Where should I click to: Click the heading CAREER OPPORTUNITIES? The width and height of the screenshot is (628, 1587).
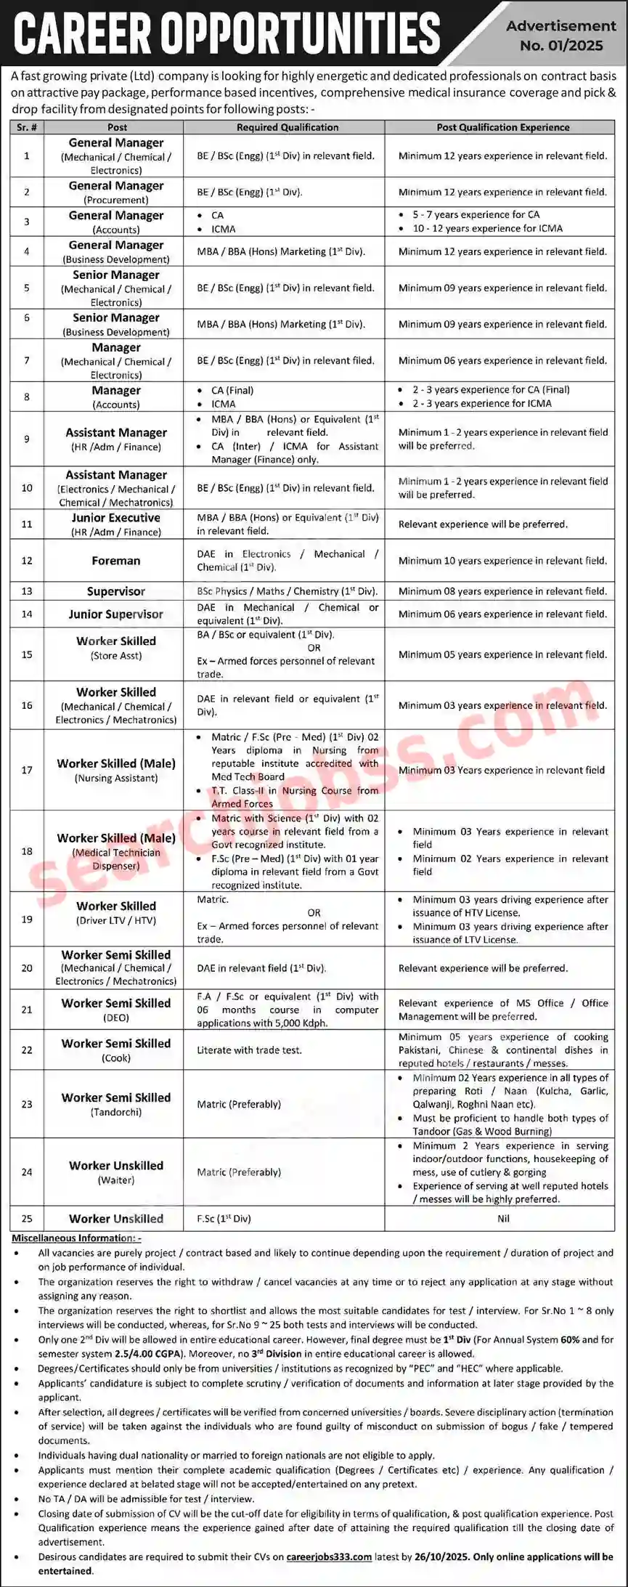[227, 33]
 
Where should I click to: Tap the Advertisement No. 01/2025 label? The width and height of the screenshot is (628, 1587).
[561, 36]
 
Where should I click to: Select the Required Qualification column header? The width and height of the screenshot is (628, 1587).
[288, 127]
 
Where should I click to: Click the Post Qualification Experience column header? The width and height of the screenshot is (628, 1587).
[502, 127]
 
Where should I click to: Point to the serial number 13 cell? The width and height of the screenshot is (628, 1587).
[27, 591]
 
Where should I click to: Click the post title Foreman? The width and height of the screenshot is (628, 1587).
[116, 561]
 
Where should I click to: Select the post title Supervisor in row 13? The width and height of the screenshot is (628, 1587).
[116, 591]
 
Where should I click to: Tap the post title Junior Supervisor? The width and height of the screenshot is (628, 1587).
[116, 614]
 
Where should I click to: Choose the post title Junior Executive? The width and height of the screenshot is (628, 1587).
[116, 518]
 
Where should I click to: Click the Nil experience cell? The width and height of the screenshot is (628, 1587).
[503, 1219]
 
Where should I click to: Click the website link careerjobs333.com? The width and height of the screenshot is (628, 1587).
[329, 1556]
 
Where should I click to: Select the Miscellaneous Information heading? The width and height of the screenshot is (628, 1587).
[76, 1238]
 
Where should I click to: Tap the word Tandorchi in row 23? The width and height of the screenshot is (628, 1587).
[116, 1112]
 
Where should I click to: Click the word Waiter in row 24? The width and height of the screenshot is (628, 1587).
[116, 1180]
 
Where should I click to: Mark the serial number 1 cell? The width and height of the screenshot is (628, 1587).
[27, 155]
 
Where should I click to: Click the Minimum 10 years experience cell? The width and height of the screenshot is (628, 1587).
[502, 561]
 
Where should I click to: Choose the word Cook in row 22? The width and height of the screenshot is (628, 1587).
[116, 1058]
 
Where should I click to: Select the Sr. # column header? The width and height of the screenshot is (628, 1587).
[27, 127]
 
